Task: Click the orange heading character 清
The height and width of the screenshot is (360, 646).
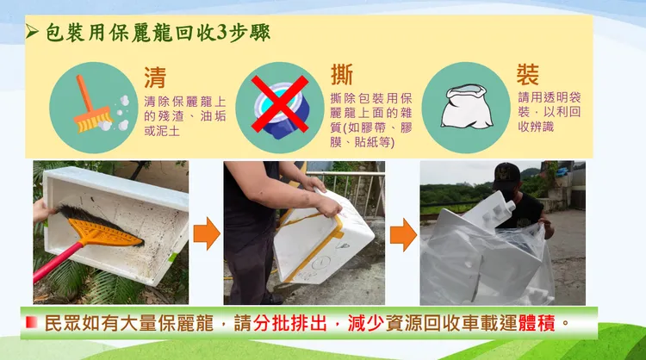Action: tap(155, 78)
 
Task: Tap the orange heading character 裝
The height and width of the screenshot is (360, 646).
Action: tap(528, 73)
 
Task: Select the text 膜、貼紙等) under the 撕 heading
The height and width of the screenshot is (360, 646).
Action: tap(363, 141)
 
